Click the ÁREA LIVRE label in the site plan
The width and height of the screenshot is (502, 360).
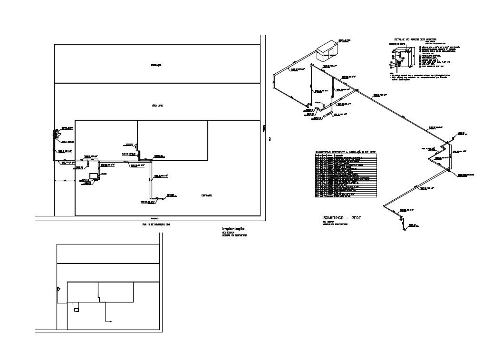pos(157,106)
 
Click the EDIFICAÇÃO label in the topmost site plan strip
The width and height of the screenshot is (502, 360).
pos(156,65)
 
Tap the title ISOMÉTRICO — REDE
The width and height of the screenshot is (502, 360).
pos(341,217)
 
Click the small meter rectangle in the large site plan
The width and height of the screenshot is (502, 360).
pos(94,175)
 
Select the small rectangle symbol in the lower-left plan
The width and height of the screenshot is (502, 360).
pos(76,310)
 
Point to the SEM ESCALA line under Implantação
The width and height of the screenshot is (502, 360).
pos(229,233)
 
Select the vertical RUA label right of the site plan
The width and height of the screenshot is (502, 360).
pos(269,139)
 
